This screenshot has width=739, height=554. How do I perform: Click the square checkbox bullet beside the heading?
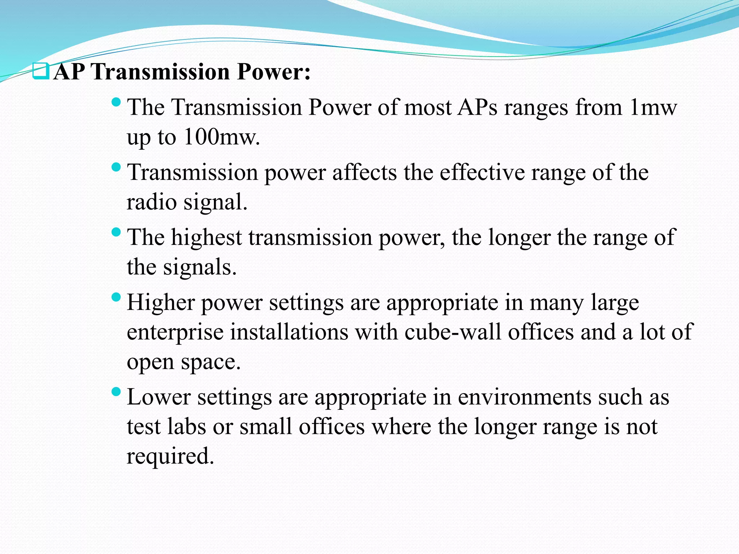coord(40,71)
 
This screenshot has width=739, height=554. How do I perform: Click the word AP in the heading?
coord(69,72)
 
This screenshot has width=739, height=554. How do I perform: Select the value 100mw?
coord(221,137)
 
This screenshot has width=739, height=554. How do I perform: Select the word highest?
coord(206,238)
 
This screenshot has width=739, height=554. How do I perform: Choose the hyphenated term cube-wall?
coord(453,332)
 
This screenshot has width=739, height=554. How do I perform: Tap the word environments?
coord(525,397)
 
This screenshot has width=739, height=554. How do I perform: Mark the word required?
coord(170,456)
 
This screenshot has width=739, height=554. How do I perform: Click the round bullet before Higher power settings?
coord(116,298)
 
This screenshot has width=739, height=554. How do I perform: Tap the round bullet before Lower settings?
coord(116,392)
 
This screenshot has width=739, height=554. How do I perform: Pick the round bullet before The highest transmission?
coord(116,232)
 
